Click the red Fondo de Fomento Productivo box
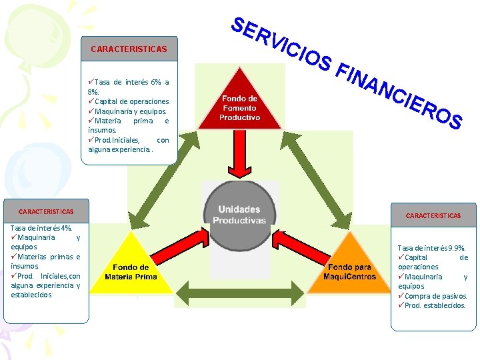pyautogui.click(x=241, y=108)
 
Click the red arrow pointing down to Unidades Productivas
pyautogui.click(x=240, y=157)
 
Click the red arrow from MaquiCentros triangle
pyautogui.click(x=299, y=244)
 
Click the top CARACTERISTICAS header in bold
pyautogui.click(x=129, y=49)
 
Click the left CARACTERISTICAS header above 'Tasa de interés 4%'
pyautogui.click(x=46, y=211)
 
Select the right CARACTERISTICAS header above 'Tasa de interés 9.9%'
pyautogui.click(x=434, y=215)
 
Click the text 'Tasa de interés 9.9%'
pyautogui.click(x=431, y=248)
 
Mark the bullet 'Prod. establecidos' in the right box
pyautogui.click(x=434, y=305)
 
